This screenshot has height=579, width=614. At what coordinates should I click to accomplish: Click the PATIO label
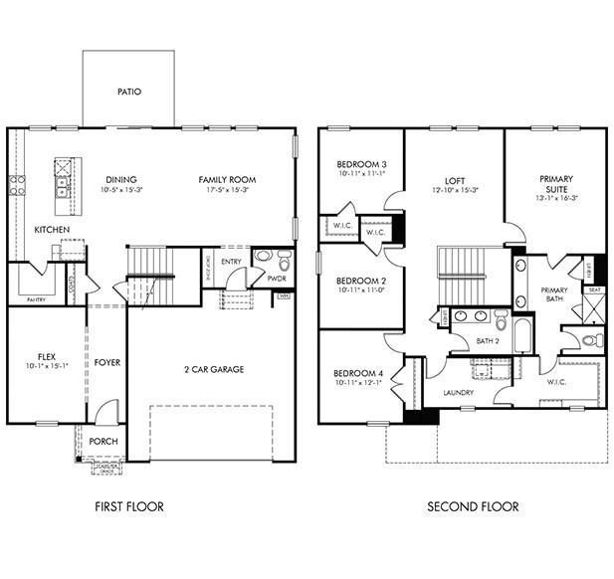(129, 92)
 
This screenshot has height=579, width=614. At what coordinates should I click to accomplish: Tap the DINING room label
(122, 179)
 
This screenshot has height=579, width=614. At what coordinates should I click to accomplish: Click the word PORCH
(103, 442)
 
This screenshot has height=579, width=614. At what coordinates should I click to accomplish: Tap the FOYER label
(106, 362)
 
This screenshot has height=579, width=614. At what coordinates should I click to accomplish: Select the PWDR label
(277, 280)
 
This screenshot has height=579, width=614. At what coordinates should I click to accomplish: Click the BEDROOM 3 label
(361, 164)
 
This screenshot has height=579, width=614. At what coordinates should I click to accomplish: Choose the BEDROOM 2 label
(361, 281)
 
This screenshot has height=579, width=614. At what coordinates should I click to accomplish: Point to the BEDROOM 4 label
(361, 374)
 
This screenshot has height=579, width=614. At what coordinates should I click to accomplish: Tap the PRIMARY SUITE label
(556, 186)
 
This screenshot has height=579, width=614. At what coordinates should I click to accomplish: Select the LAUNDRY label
(458, 393)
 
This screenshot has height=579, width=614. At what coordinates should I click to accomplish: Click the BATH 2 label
(488, 341)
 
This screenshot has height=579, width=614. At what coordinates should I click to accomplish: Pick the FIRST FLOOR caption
(129, 506)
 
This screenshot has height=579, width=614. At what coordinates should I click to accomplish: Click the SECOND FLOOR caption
(473, 506)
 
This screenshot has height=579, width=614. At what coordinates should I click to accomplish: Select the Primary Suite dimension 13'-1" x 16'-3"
(556, 198)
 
